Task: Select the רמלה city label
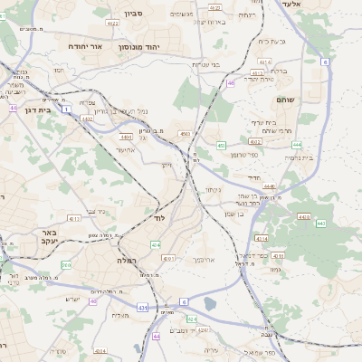(126, 260)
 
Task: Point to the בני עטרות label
(206, 64)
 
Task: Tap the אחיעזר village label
(125, 150)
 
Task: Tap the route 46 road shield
(231, 82)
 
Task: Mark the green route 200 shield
(66, 264)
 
